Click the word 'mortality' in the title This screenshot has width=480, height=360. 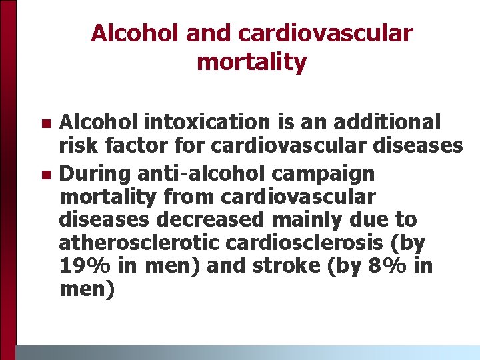click(251, 62)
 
